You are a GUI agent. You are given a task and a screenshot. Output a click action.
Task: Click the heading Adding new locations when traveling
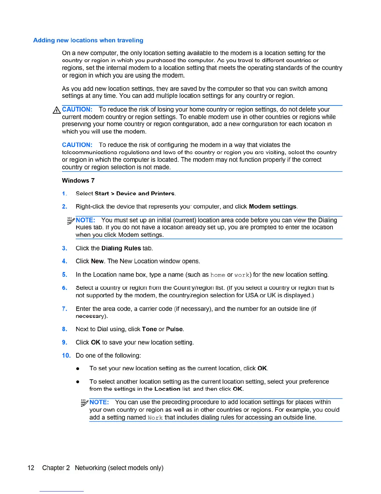coord(88,40)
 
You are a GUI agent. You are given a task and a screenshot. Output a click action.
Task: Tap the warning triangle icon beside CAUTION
coord(57,110)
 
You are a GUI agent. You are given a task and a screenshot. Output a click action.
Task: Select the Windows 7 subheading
coord(78,181)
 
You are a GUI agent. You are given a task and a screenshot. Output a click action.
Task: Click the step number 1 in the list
coord(64,194)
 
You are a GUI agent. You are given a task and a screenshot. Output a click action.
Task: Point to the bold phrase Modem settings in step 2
coord(273,206)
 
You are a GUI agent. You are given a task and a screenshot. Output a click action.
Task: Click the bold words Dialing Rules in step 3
coord(121,248)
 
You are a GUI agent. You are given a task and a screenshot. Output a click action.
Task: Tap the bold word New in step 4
coord(97,261)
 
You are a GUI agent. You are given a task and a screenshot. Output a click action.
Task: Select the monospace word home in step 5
coord(218,275)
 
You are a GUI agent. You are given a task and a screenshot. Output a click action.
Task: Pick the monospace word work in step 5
coord(242,275)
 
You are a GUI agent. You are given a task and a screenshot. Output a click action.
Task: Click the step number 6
coord(64,288)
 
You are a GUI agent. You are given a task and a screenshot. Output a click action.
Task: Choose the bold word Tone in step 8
coord(149,329)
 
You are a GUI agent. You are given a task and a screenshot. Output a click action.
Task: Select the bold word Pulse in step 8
coord(174,329)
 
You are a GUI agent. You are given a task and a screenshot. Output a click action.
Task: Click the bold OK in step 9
coord(96,342)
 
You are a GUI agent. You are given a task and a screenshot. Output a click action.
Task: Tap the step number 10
coord(66,356)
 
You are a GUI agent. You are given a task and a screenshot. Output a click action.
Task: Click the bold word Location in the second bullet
coord(167,389)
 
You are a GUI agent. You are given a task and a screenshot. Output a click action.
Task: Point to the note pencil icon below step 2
coord(71,220)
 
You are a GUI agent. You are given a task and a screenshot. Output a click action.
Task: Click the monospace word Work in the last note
coord(155,418)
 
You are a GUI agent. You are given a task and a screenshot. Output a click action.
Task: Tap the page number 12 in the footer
coord(31,468)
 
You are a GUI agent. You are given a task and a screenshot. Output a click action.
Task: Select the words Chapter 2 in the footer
coord(56,468)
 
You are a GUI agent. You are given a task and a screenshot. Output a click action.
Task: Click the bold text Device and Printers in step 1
coord(145,194)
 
